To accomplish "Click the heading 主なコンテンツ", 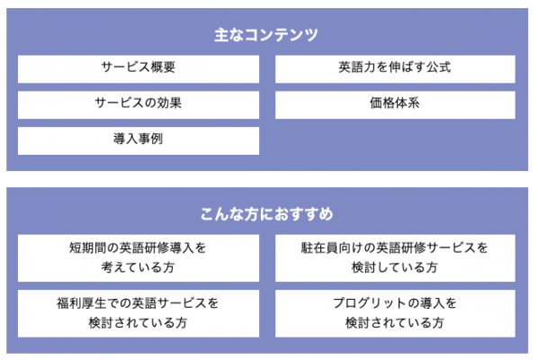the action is point(266,35).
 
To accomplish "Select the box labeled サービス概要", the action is point(139,69).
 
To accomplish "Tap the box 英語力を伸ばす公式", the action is point(395,69).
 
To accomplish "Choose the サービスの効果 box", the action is point(139,105).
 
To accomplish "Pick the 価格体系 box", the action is point(395,105).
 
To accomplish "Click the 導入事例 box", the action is point(139,140).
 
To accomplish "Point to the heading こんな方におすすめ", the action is point(266,214).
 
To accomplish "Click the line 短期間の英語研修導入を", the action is point(138,247).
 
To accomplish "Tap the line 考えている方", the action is point(138,267).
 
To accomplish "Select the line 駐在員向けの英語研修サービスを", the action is point(395,247).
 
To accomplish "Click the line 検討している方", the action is point(395,267).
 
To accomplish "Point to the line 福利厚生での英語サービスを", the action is point(138,303).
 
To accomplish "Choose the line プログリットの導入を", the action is point(395,303).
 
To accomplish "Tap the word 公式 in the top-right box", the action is point(438,67).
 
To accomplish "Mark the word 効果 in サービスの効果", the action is point(169,103).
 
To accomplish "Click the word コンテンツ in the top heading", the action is point(282,35).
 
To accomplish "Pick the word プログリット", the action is point(370,303).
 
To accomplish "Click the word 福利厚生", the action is point(82,303).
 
